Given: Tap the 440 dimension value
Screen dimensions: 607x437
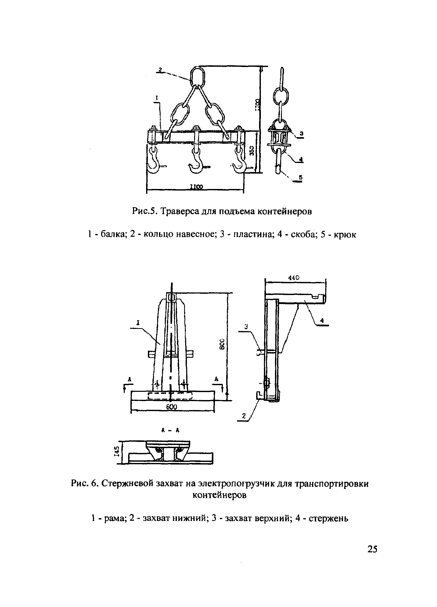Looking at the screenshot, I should tap(293, 278).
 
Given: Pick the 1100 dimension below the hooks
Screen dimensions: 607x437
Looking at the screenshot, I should tap(196, 187).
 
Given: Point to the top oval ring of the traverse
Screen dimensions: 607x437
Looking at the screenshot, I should tap(198, 75).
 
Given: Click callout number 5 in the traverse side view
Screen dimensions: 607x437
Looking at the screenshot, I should tap(300, 177).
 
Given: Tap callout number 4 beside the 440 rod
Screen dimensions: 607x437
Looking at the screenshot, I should tap(322, 320).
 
